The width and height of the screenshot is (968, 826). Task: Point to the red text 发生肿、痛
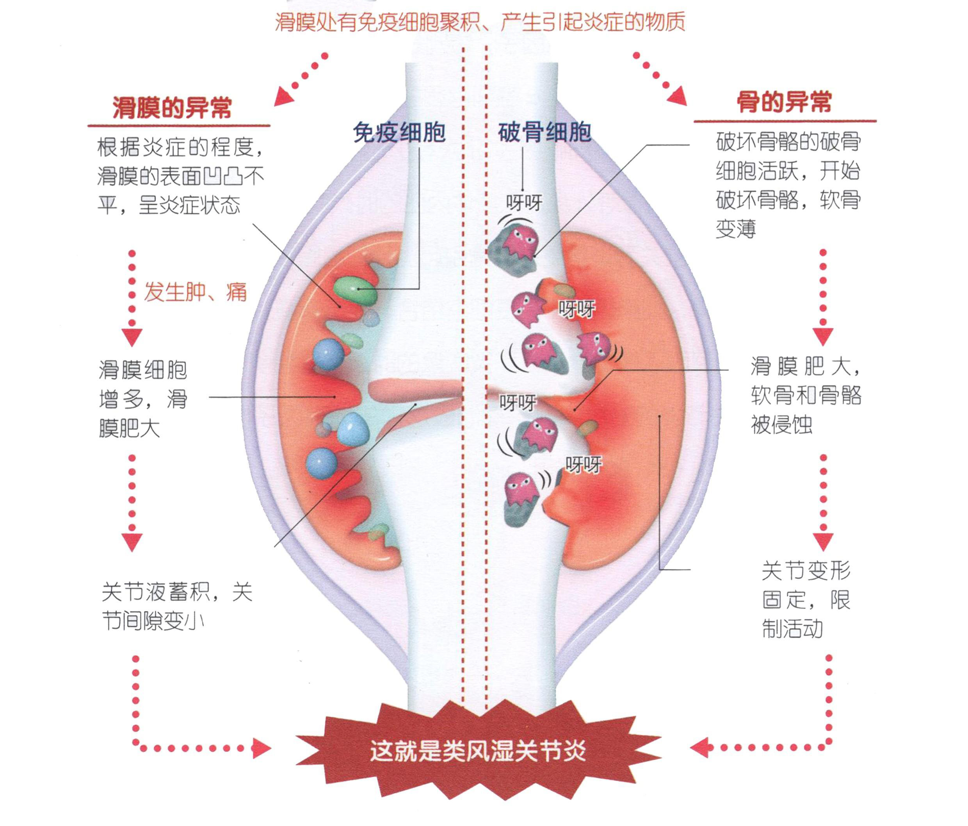tap(194, 293)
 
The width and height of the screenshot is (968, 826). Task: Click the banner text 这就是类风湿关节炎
tap(477, 752)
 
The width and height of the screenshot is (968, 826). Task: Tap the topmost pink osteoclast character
tap(520, 242)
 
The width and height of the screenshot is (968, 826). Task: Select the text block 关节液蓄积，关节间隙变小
tap(176, 607)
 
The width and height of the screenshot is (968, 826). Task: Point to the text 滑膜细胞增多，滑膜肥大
tap(143, 399)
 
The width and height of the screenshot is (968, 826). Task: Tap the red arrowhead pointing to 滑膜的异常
tap(283, 97)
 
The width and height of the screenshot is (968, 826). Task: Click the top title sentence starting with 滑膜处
tap(479, 22)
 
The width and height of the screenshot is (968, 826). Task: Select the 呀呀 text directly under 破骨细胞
tap(524, 203)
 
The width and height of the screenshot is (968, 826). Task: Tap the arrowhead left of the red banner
tap(262, 748)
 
